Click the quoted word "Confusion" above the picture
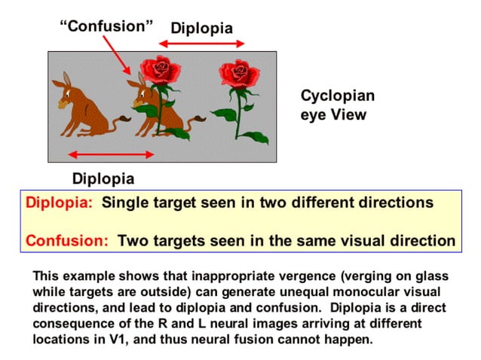click(106, 26)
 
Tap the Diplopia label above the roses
click(201, 29)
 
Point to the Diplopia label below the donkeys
click(103, 178)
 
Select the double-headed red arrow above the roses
click(201, 44)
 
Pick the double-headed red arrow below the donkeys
click(112, 155)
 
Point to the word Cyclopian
click(337, 96)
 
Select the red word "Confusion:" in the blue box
click(67, 241)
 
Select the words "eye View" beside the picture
click(333, 115)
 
